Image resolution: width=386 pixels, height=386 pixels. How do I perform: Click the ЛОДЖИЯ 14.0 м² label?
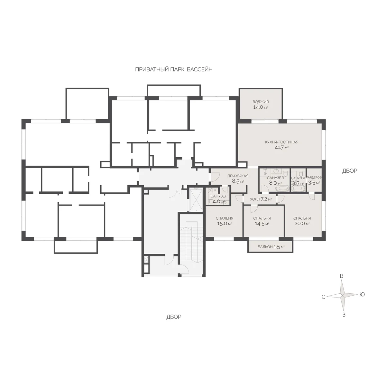(x=261, y=105)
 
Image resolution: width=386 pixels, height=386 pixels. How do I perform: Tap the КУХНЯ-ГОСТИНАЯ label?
(x=281, y=142)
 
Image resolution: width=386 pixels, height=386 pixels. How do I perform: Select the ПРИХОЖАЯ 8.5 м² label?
(x=238, y=179)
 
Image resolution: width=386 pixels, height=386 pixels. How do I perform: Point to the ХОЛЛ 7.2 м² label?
(x=261, y=199)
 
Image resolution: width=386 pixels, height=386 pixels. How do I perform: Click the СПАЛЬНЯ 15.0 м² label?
(x=224, y=221)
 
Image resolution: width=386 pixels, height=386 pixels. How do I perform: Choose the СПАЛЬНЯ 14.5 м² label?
(x=262, y=221)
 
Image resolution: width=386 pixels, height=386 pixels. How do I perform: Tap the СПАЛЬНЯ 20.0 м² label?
(x=302, y=221)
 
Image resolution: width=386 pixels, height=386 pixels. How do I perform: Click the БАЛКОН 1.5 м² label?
(x=271, y=247)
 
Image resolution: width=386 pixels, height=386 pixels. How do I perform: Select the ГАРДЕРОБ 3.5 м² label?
(x=314, y=180)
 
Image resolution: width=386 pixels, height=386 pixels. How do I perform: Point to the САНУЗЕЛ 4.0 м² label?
(x=219, y=199)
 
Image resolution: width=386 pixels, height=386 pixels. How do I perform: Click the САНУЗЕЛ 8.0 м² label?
(x=275, y=180)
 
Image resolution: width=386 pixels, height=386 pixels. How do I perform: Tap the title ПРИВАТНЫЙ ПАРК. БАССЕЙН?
(x=174, y=69)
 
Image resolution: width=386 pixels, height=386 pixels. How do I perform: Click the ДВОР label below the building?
(x=174, y=317)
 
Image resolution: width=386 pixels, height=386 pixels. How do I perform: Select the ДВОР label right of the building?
(x=350, y=171)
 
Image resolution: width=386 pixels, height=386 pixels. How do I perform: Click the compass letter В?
(x=342, y=276)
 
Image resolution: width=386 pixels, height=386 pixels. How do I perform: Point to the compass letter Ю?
(x=362, y=294)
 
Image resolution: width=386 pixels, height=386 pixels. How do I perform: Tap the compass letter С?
(x=323, y=297)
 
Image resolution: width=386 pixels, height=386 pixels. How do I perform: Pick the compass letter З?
(x=344, y=315)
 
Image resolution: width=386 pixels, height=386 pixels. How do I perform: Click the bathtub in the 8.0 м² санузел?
(x=282, y=188)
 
